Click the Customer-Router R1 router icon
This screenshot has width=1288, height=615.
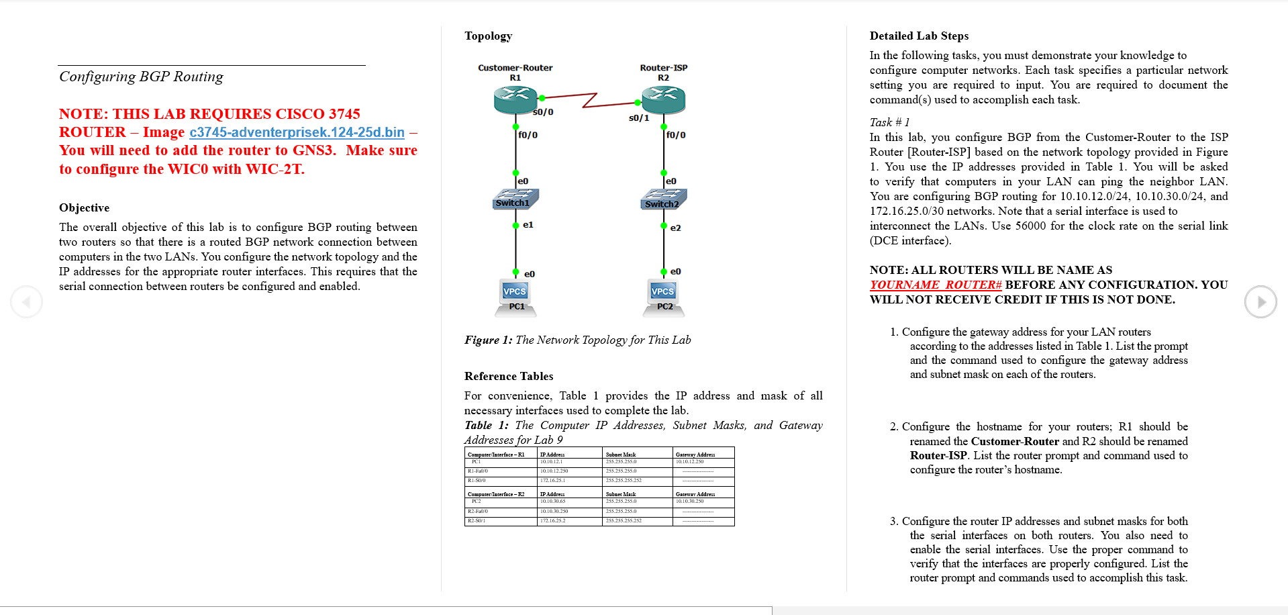[515, 100]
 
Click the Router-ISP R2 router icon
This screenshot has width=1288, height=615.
[663, 100]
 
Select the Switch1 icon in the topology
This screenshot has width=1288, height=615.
[515, 199]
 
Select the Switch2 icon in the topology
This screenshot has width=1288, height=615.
[663, 200]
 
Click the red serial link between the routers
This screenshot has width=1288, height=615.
[589, 101]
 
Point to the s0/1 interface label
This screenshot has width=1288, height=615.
[638, 118]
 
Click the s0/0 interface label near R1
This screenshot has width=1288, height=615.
[543, 112]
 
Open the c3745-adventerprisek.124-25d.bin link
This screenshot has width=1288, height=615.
[297, 132]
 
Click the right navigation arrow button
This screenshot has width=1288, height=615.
[1260, 302]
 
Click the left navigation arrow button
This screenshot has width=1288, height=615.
[27, 302]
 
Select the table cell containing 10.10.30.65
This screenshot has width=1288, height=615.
[553, 502]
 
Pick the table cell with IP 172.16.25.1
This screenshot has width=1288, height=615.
[553, 481]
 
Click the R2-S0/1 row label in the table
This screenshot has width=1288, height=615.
[477, 521]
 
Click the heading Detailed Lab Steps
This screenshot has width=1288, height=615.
[919, 36]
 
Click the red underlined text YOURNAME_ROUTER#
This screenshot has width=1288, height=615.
[936, 285]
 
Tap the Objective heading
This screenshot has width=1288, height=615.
[84, 208]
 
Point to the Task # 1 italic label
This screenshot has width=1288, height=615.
[889, 122]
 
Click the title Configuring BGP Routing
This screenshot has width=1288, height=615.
[141, 77]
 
